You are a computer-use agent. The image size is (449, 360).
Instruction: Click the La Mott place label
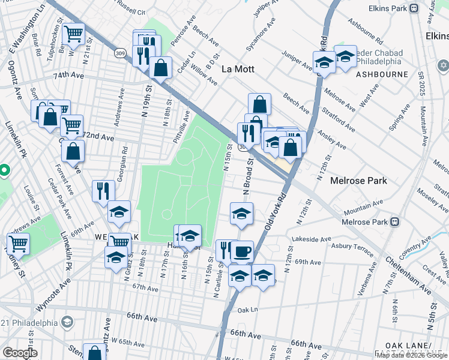click(x=238, y=69)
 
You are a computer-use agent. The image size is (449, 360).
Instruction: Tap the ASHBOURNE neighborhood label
click(x=382, y=75)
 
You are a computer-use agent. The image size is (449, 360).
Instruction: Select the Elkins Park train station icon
click(x=414, y=8)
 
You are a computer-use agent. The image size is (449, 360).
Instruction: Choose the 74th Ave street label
click(x=70, y=76)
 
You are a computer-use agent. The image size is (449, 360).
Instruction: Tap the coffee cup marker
click(x=242, y=251)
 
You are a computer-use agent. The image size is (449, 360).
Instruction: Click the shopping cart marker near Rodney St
click(x=18, y=244)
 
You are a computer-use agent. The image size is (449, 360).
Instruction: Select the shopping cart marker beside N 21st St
click(x=73, y=34)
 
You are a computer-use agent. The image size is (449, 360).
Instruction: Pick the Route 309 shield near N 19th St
click(x=120, y=53)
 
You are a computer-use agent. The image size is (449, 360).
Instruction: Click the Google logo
click(x=20, y=353)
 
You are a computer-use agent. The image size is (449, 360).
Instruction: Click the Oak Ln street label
click(x=247, y=310)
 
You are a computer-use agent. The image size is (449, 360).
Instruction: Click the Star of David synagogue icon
click(x=444, y=65)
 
